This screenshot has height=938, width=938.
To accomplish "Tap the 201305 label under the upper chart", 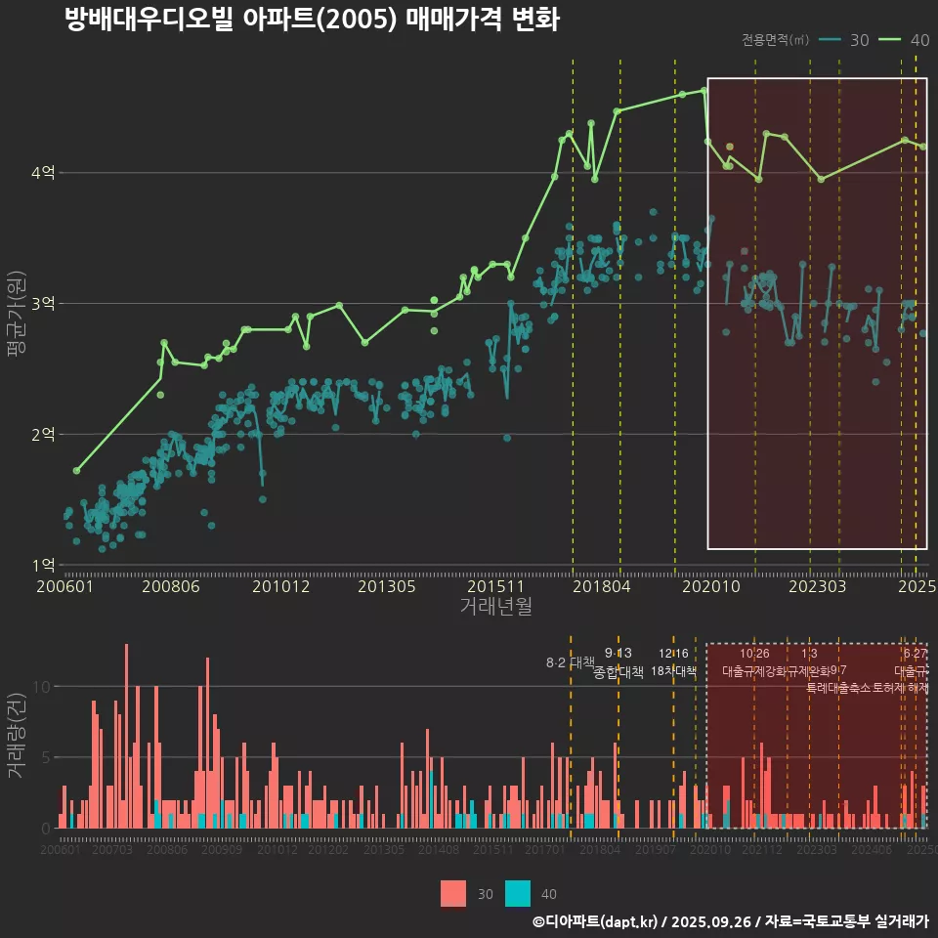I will pyautogui.click(x=387, y=587).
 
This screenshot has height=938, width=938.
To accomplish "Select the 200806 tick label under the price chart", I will pyautogui.click(x=170, y=587).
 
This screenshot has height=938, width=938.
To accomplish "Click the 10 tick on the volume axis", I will pyautogui.click(x=39, y=686).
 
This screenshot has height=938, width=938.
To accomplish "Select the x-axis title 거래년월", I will pyautogui.click(x=495, y=607).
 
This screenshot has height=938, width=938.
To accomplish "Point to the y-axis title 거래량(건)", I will pyautogui.click(x=17, y=735).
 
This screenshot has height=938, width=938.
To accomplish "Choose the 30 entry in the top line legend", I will pyautogui.click(x=848, y=40).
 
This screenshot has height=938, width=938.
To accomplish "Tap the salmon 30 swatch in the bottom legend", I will pyautogui.click(x=453, y=893).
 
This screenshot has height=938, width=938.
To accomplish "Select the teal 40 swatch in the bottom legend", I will pyautogui.click(x=518, y=893).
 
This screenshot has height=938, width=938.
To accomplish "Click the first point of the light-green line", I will pyautogui.click(x=76, y=471).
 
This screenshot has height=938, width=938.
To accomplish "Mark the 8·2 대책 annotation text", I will pyautogui.click(x=571, y=662).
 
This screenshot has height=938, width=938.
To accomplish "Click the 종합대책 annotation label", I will pyautogui.click(x=618, y=672).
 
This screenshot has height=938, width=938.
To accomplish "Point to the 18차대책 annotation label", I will pyautogui.click(x=673, y=672).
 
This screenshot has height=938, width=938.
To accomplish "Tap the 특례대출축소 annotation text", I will pyautogui.click(x=838, y=687).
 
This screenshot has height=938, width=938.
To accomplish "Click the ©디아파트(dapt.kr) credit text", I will pyautogui.click(x=596, y=921).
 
